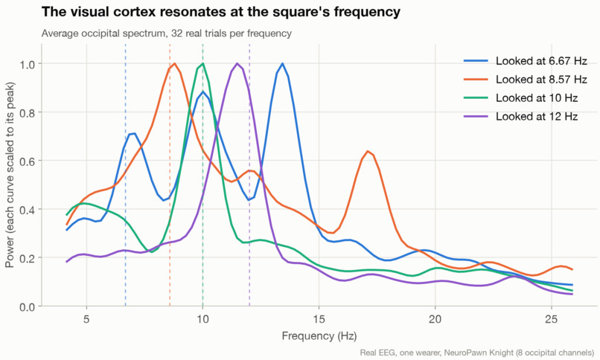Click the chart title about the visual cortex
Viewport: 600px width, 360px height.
221,12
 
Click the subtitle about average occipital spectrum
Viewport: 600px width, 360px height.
167,33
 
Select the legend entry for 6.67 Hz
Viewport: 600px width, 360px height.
525,61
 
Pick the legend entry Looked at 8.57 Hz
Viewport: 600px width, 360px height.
525,80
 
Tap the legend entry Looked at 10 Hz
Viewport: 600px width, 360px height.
520,98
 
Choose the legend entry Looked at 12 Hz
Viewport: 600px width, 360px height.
520,117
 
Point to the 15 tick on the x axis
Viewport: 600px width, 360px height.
319,319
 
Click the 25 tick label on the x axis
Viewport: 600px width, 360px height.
552,319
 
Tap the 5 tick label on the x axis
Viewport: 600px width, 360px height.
86,319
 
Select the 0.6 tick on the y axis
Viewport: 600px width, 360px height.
27,161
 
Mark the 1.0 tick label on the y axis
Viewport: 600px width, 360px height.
27,64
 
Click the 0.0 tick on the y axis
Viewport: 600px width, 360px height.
27,306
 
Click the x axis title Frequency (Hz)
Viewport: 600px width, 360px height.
319,336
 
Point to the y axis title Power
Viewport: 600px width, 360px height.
10,175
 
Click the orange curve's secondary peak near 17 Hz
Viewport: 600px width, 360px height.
367,151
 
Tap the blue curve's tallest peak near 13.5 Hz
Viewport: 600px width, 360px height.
282,64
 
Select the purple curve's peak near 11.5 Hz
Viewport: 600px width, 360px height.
237,64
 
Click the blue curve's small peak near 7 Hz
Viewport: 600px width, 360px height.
133,134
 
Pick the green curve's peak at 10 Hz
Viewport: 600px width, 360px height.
202,64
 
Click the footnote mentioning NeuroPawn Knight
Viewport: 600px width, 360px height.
477,353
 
